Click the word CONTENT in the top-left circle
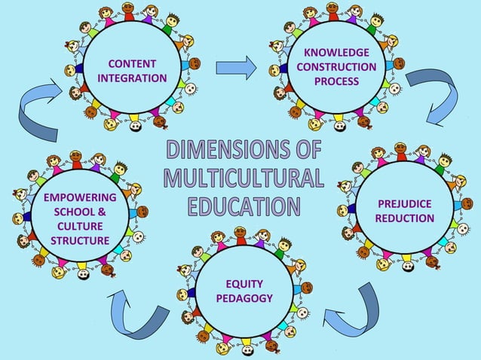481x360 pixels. coord(133,63)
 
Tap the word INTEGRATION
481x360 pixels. coord(133,78)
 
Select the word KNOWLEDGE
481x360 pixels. coord(336,52)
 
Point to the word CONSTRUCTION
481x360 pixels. coord(336,66)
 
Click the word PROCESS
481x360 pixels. coord(336,81)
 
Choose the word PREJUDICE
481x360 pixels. coord(404,203)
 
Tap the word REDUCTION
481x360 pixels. coord(404,218)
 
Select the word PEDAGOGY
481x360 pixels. coord(244,298)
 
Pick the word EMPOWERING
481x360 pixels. coord(80,197)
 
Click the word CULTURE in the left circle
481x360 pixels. coord(80,226)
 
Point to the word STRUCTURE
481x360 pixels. coord(80,240)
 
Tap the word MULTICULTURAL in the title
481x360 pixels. coord(243,178)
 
